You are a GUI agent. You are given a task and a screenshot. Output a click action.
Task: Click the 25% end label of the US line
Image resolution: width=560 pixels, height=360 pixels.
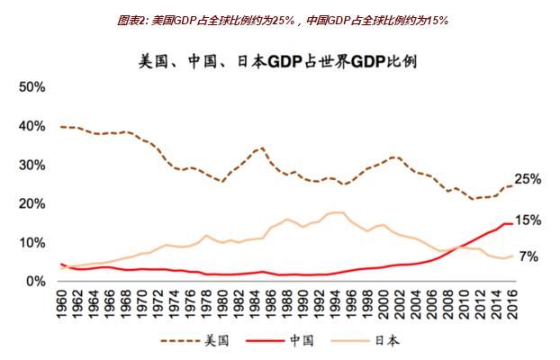[x=528, y=180]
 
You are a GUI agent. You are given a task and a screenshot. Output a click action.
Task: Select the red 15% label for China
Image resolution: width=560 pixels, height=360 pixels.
[x=528, y=220]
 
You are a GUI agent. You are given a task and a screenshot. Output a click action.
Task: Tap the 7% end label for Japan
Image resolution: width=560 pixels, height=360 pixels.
[x=528, y=256]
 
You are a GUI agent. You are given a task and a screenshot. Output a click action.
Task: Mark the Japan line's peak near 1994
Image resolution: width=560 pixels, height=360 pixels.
[x=336, y=212]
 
